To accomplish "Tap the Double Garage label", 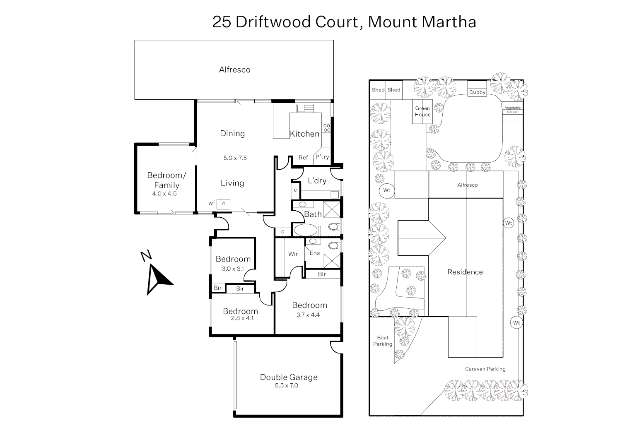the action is [x=289, y=377].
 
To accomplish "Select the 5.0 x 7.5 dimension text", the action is [x=235, y=158].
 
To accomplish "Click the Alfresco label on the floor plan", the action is [x=234, y=70].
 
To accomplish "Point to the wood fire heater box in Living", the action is [x=224, y=204].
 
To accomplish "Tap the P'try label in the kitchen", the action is [x=322, y=157].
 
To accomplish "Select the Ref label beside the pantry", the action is [x=303, y=158].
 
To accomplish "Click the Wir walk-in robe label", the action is [x=293, y=254].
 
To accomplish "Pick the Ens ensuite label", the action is [x=315, y=253].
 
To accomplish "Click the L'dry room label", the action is [x=317, y=181].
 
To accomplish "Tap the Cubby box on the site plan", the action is [x=477, y=92].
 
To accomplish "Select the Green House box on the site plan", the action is [x=422, y=111].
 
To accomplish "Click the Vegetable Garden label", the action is [x=513, y=110].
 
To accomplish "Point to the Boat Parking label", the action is [x=382, y=341].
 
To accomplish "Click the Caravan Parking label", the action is [x=485, y=369].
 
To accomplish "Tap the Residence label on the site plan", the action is [x=465, y=272].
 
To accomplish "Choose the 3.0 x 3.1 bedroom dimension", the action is [x=233, y=269].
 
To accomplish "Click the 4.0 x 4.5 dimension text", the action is [x=164, y=193].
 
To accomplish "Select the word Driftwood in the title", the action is [x=295, y=22].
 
